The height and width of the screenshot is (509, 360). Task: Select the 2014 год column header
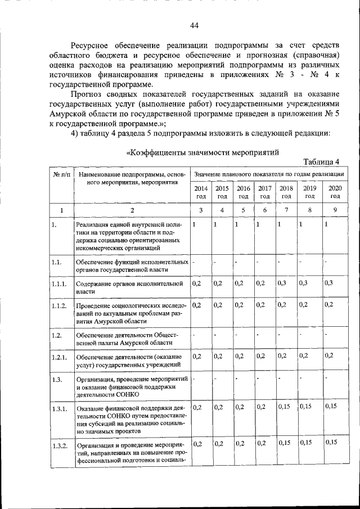(x=201, y=192)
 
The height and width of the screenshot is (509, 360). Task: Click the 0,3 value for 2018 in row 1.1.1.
(x=282, y=283)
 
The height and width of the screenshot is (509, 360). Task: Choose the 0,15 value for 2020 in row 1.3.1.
(x=331, y=406)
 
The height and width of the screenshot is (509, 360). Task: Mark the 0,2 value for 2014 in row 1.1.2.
(x=196, y=305)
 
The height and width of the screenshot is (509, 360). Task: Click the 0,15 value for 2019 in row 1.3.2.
(x=306, y=443)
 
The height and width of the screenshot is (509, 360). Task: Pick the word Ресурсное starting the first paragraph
(x=94, y=44)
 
